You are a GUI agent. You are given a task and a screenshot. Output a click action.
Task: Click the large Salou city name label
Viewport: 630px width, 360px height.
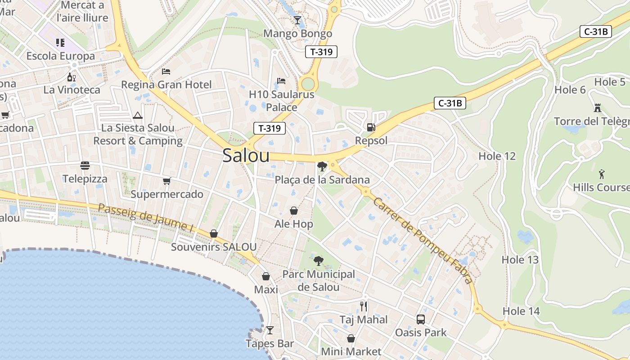(x=246, y=156)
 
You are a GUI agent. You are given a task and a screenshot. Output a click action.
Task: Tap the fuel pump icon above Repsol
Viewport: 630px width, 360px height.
(x=371, y=127)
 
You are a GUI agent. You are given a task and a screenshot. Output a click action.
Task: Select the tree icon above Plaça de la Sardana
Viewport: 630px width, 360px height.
(x=322, y=166)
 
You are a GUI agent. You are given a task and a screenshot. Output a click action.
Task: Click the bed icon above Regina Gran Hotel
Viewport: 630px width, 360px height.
(x=166, y=71)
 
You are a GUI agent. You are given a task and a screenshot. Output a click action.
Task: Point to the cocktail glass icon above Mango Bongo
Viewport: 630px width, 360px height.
(x=297, y=20)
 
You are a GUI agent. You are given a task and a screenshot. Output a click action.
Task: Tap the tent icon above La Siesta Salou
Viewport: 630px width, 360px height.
(x=138, y=115)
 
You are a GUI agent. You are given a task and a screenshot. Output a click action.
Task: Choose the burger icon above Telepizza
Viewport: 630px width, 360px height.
(x=85, y=166)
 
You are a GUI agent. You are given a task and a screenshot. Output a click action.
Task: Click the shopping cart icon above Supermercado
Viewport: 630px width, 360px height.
(x=167, y=181)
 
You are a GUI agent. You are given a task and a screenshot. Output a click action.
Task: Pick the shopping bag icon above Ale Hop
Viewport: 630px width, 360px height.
(x=293, y=211)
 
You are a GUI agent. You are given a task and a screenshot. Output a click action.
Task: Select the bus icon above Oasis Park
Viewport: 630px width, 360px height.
(x=421, y=319)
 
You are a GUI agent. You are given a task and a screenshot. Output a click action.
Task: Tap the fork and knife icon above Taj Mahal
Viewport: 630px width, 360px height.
(x=364, y=306)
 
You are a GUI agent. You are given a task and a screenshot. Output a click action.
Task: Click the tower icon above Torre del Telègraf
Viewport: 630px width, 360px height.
(x=598, y=108)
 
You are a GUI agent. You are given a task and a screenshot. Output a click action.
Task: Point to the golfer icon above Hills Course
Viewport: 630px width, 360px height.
(x=602, y=174)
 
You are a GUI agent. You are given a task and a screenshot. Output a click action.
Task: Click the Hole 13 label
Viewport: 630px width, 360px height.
(x=520, y=260)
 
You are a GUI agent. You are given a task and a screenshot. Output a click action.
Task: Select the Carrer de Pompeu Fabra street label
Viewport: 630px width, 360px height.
(x=422, y=241)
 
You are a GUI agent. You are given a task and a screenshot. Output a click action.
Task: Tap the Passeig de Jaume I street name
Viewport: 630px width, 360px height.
(x=146, y=218)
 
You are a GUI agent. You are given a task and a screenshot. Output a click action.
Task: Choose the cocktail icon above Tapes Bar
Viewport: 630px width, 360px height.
(x=270, y=330)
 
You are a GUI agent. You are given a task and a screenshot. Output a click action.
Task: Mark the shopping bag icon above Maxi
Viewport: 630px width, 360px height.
(x=266, y=276)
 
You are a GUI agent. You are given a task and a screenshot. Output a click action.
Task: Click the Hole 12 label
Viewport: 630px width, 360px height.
(x=497, y=156)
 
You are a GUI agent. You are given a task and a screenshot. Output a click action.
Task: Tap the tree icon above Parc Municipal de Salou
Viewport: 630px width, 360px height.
(x=318, y=261)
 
